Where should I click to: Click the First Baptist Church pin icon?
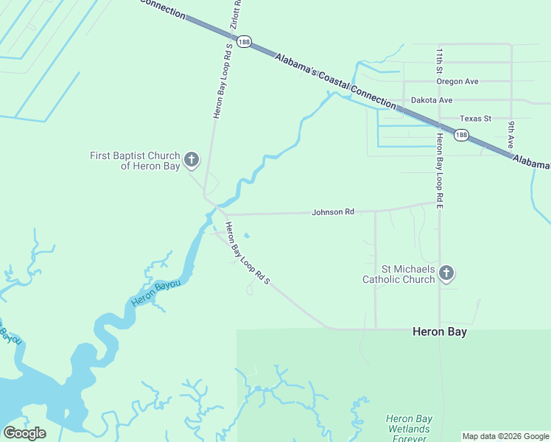click(x=192, y=159)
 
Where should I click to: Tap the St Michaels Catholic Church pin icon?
click(x=446, y=273)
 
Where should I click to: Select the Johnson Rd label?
click(x=333, y=212)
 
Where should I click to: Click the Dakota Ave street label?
click(x=432, y=100)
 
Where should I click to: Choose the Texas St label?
click(x=475, y=119)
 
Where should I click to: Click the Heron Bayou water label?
click(x=155, y=291)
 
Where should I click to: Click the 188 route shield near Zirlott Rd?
click(x=245, y=42)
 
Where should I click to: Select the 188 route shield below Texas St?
click(x=460, y=135)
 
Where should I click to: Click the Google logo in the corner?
click(x=24, y=433)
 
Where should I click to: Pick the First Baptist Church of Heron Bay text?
click(x=135, y=161)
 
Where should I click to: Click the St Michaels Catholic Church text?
click(x=398, y=274)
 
